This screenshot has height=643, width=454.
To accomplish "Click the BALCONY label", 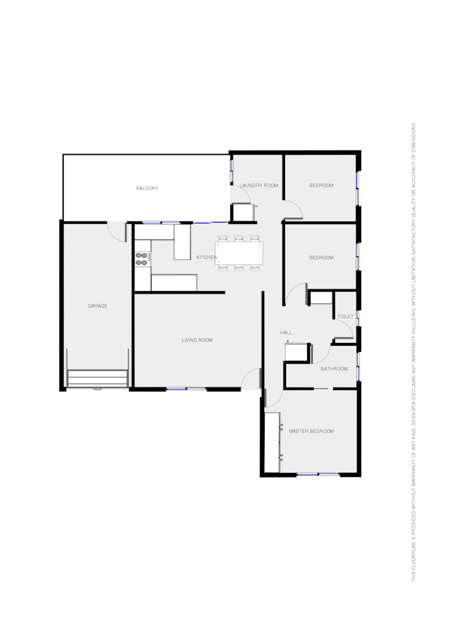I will (x=147, y=188).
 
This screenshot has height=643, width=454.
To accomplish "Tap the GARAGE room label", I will (x=98, y=305).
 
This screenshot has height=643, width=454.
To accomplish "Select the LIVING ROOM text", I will (x=197, y=340).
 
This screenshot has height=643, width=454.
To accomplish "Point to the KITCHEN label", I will (x=206, y=257).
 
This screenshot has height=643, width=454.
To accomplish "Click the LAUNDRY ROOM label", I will (x=259, y=185).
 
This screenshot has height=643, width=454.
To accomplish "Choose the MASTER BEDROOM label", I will (x=311, y=430).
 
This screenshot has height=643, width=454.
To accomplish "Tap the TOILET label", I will (x=345, y=316).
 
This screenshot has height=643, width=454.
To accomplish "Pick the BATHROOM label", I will (x=334, y=369).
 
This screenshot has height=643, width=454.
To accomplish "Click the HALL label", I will (x=286, y=332).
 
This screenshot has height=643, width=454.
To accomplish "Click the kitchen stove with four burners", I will (x=142, y=258).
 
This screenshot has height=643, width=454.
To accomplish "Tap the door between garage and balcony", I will (x=117, y=230).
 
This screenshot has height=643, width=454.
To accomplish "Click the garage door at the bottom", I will (x=98, y=379).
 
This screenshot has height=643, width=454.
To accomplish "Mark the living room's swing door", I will (x=253, y=378).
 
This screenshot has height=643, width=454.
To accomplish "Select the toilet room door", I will (x=345, y=331).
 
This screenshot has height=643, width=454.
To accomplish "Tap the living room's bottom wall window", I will (x=186, y=389).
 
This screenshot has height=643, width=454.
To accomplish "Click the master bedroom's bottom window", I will (x=318, y=475).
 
